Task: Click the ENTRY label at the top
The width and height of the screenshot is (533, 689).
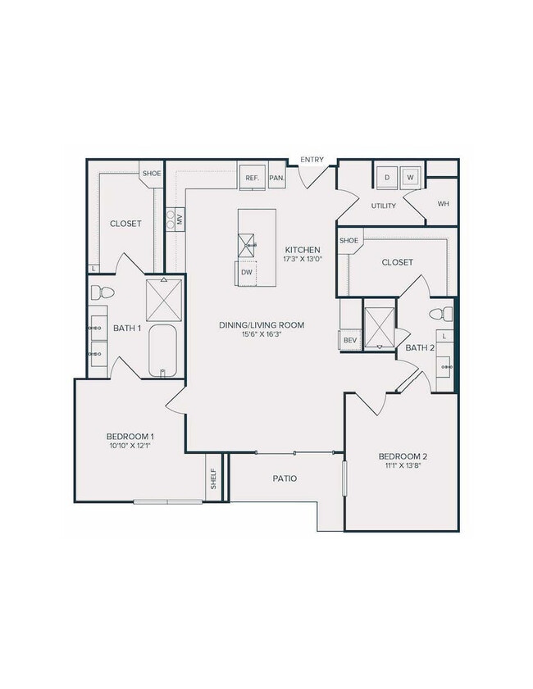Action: (312, 159)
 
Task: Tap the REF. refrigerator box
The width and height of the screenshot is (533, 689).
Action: (251, 178)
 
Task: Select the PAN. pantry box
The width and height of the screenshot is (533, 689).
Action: (276, 178)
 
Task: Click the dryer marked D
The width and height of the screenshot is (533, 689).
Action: (387, 177)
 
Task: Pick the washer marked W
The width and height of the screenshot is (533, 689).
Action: (410, 177)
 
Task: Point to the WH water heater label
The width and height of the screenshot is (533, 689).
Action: (443, 204)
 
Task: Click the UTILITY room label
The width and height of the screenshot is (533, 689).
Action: (384, 206)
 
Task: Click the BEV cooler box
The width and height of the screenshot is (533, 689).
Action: (350, 339)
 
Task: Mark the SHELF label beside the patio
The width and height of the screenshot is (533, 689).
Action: (214, 478)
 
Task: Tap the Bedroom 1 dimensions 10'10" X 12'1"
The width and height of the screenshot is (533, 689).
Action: (130, 446)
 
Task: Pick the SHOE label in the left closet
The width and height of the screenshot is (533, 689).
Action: (152, 174)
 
